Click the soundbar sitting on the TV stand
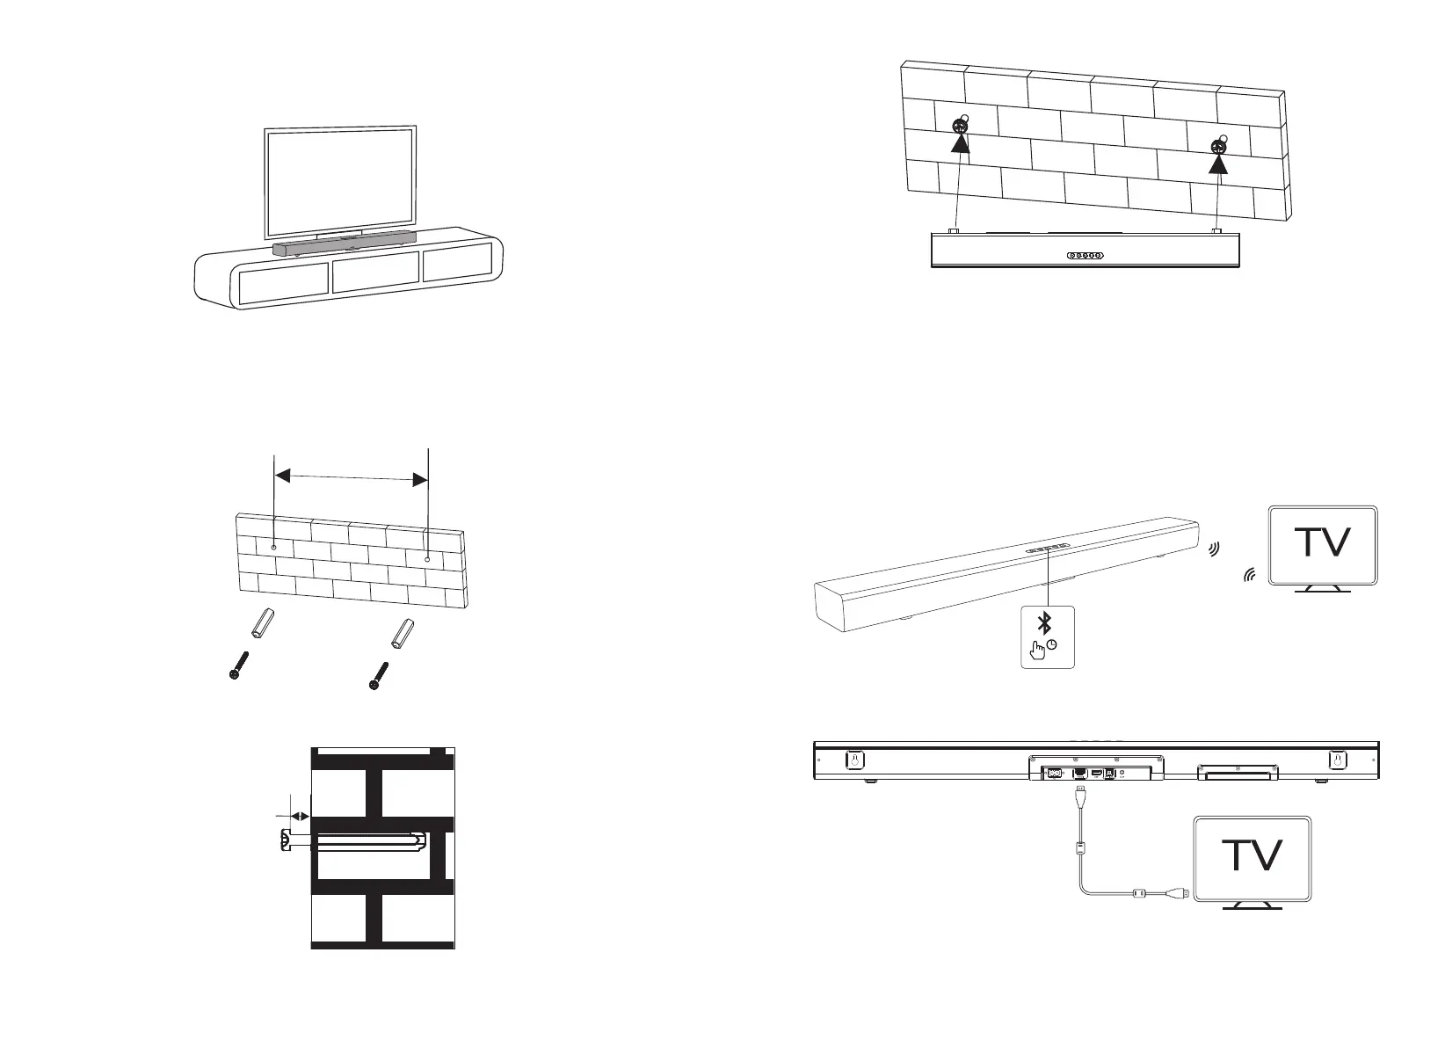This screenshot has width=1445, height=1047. pos(344,247)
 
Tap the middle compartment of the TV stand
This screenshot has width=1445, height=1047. pos(375,273)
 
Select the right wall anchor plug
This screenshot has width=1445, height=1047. pos(401,633)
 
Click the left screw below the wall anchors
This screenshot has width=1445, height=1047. pos(238,665)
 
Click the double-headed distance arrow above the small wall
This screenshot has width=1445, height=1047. pos(351,477)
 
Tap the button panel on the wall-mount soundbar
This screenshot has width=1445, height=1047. pos(1085,256)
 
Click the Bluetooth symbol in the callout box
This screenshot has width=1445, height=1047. pos(1045,624)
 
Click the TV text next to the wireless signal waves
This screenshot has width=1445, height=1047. pos(1324,542)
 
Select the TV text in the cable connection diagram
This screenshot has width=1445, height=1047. pos(1253,855)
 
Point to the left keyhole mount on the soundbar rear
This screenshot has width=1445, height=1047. pos(852,759)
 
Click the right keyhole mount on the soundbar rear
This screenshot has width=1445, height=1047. pos(1337,759)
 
